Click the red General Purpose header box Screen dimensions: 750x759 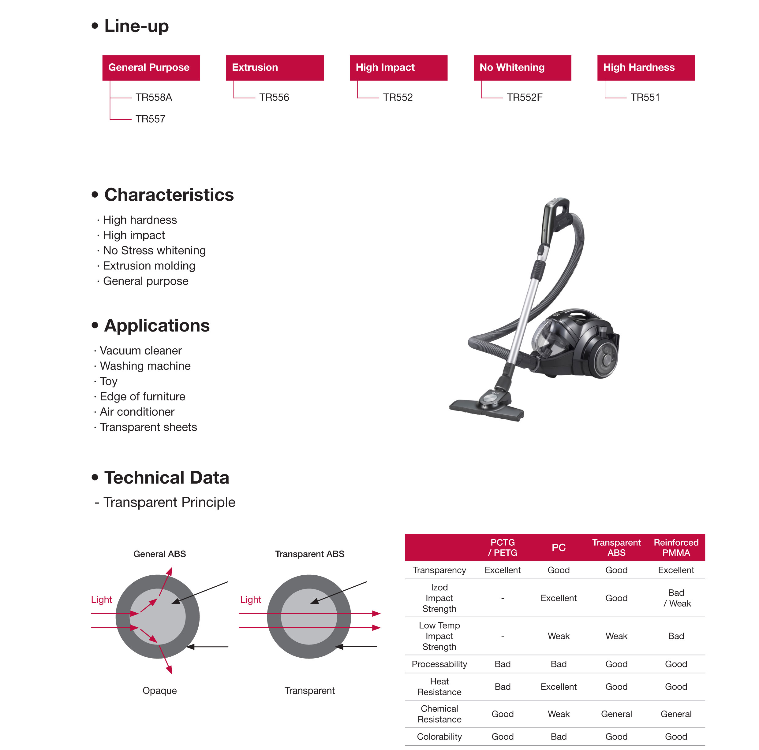pyautogui.click(x=151, y=68)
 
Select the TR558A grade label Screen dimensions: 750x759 pyautogui.click(x=154, y=97)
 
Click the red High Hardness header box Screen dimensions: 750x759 pyautogui.click(x=645, y=68)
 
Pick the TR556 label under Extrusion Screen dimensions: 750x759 pyautogui.click(x=274, y=97)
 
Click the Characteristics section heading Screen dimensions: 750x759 pyautogui.click(x=169, y=195)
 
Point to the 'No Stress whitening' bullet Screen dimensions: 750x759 pyautogui.click(x=154, y=251)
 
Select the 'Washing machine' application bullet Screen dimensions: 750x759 pyautogui.click(x=145, y=366)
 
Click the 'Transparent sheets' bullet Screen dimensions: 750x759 pyautogui.click(x=148, y=427)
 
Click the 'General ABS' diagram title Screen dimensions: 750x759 pyautogui.click(x=159, y=554)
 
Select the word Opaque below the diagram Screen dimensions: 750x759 pyautogui.click(x=159, y=691)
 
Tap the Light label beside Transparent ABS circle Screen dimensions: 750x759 pyautogui.click(x=251, y=600)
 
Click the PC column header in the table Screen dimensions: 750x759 pyautogui.click(x=558, y=548)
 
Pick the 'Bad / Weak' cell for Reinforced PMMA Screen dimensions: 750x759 pyautogui.click(x=676, y=598)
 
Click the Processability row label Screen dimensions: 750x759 pyautogui.click(x=439, y=664)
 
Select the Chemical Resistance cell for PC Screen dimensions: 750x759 pyautogui.click(x=558, y=714)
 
